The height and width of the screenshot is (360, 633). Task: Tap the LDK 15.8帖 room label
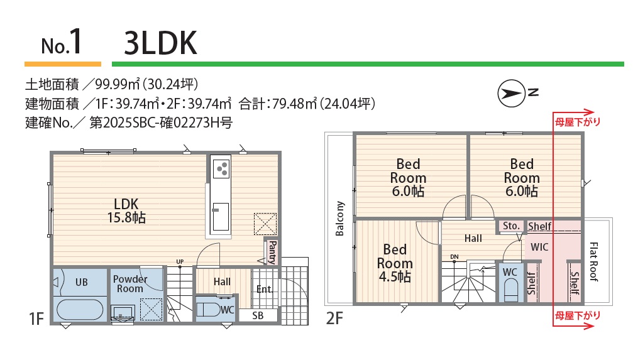tap(126, 210)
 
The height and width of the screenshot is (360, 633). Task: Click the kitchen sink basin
tap(221, 216)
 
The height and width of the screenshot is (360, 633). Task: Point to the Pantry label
tap(272, 252)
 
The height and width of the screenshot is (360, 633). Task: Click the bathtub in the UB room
tap(80, 310)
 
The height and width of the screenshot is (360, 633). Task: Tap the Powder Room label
tap(130, 284)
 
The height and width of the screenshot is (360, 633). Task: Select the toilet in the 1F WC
tap(209, 310)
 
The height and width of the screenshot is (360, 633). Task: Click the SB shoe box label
tap(258, 315)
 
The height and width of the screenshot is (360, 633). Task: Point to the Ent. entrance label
tap(265, 290)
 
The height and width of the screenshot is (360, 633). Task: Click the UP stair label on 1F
tap(180, 261)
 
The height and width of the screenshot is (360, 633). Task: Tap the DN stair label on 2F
tap(454, 257)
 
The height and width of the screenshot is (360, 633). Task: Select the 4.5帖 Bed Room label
tap(395, 263)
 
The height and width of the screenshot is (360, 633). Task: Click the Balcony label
tap(340, 219)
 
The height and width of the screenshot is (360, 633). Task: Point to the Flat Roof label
tap(593, 261)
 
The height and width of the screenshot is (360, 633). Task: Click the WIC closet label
tap(539, 247)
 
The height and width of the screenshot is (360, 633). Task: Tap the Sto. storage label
tap(511, 226)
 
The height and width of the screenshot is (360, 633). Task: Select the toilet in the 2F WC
tap(511, 290)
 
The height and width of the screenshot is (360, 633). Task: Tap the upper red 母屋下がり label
tap(577, 122)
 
